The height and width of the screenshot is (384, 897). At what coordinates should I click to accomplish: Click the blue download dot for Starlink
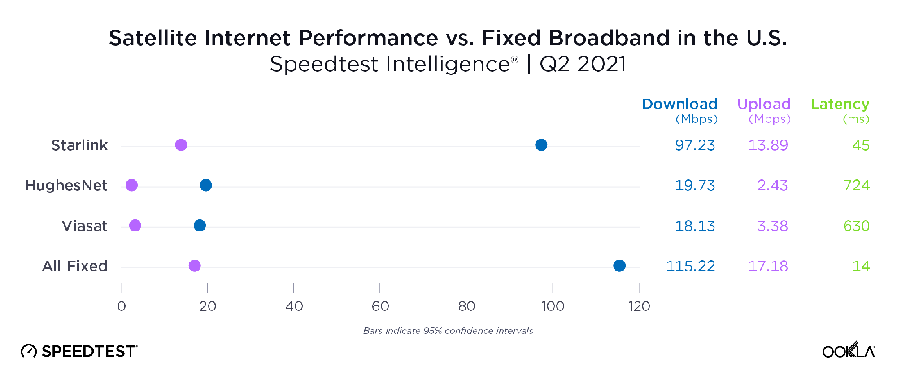tap(541, 145)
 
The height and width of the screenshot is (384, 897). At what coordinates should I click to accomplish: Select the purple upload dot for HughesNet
tap(131, 185)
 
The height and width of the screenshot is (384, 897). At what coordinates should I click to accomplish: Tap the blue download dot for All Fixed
tap(619, 266)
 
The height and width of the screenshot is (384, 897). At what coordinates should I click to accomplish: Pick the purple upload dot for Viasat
tap(135, 226)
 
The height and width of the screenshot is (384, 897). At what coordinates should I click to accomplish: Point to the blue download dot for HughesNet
tap(205, 185)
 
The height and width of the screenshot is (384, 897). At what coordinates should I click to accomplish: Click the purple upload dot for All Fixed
tap(194, 266)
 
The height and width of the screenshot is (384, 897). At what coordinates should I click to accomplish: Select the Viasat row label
tap(84, 226)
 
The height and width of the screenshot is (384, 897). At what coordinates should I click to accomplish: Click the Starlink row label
tap(79, 145)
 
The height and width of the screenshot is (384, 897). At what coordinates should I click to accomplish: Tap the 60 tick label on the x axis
tap(380, 306)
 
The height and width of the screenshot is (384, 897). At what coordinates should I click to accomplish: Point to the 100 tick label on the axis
tap(553, 306)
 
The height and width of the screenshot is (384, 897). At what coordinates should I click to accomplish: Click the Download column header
tap(679, 104)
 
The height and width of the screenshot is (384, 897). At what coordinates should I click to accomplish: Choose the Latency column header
tap(840, 104)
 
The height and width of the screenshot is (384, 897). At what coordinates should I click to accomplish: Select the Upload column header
tap(764, 104)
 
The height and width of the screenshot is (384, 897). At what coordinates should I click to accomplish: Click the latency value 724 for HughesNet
tap(856, 185)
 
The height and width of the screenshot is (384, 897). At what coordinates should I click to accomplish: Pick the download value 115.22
tap(690, 266)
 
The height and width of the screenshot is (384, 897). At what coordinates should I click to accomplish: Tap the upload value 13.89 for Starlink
tap(768, 145)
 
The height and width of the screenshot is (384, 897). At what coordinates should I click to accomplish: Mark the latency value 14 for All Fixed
tap(861, 266)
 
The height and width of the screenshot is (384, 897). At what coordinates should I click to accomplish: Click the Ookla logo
tap(848, 350)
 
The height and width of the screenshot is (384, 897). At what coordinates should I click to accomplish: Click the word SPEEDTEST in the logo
tap(89, 351)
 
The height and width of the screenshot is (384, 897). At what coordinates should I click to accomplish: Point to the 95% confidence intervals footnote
tap(448, 331)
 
